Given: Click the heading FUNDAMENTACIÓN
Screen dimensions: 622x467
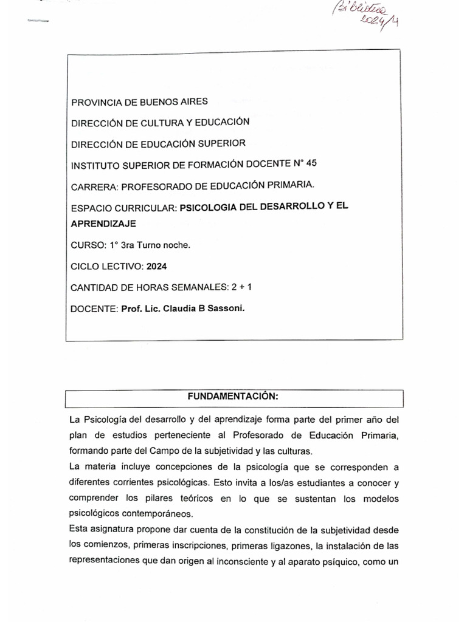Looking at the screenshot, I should pos(233,397).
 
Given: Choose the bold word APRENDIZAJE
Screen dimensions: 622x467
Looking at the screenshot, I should pos(103,224).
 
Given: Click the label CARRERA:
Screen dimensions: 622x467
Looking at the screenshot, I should pos(92,185).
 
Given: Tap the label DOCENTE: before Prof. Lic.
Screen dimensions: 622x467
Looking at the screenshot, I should pos(94,309).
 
